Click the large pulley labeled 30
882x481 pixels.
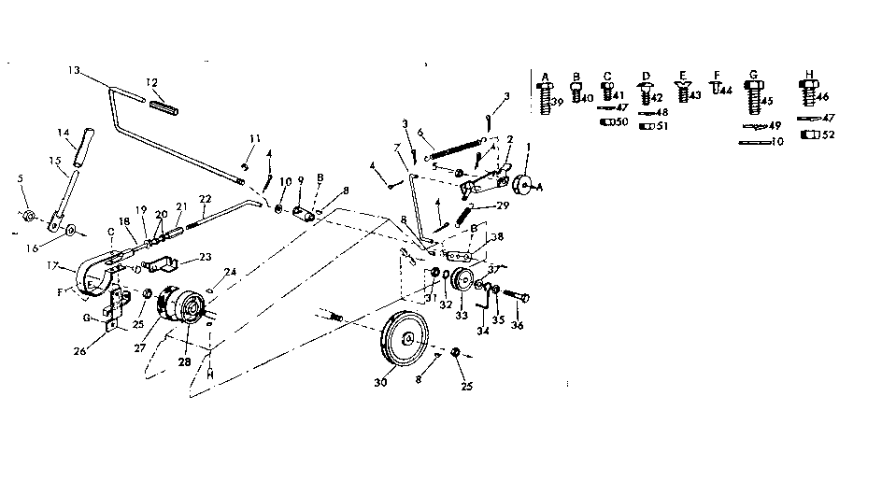(x=407, y=338)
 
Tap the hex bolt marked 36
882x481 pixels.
(x=519, y=296)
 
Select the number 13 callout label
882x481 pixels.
(x=75, y=71)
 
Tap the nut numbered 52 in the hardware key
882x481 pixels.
(x=809, y=134)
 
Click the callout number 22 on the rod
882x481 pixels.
(x=205, y=199)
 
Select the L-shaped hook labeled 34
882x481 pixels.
(x=482, y=304)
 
